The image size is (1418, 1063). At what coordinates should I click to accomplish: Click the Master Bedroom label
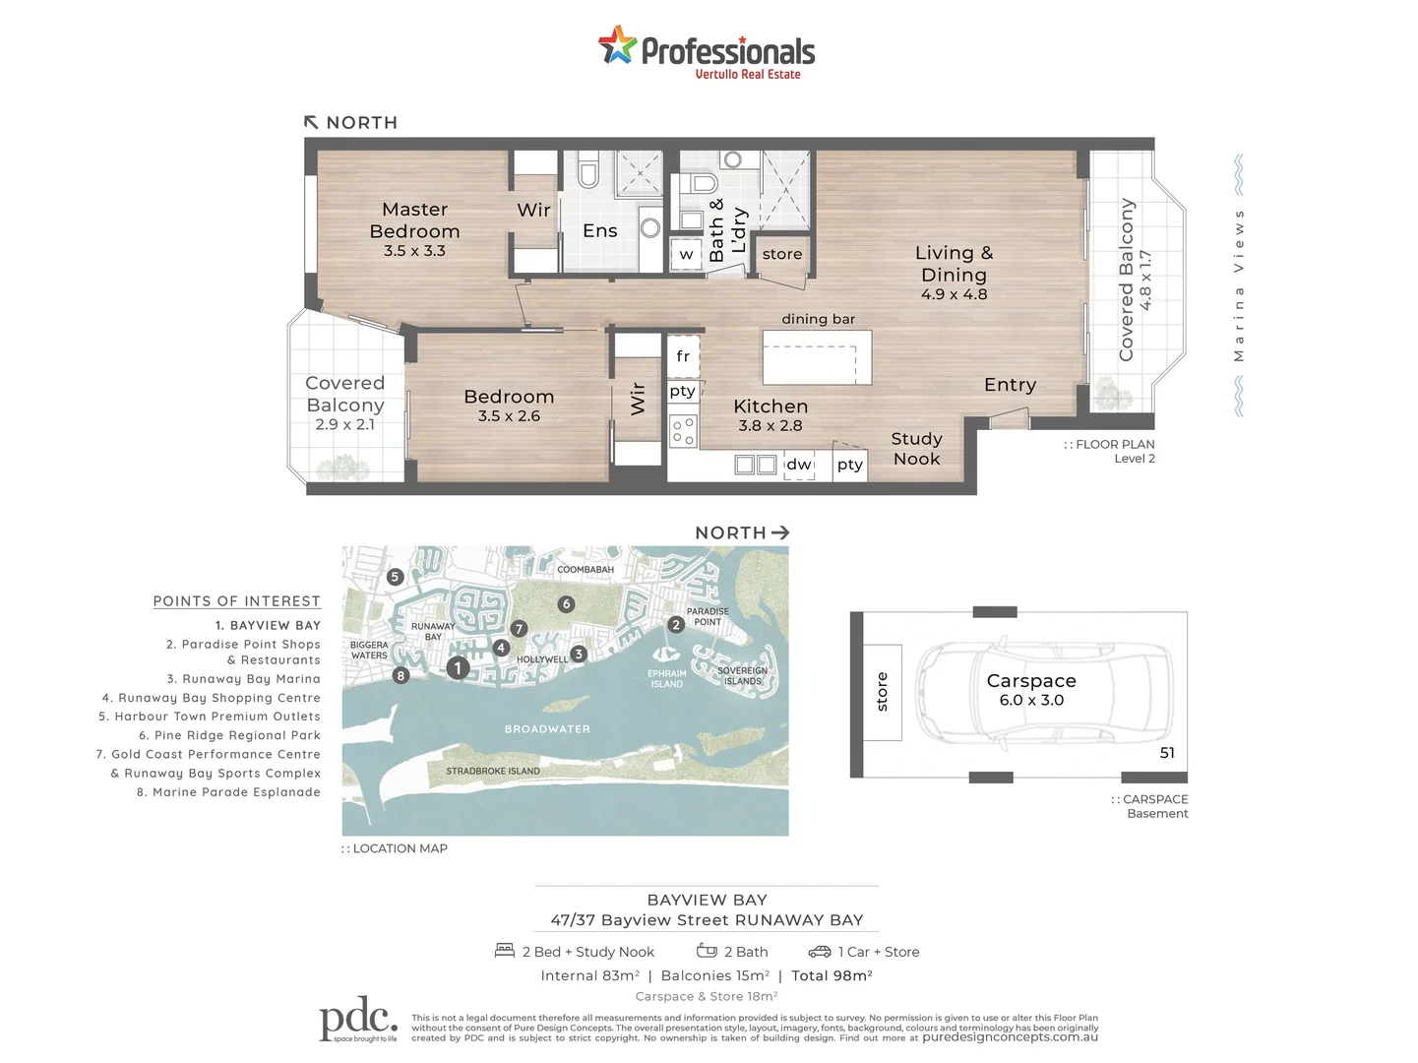coord(414,220)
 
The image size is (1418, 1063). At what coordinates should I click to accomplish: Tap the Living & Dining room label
coord(954,264)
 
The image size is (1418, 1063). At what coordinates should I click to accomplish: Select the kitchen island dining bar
coord(817,357)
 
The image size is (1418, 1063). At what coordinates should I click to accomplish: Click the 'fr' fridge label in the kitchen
coord(683,356)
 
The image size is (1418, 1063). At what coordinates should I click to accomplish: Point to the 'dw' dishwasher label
coord(799,465)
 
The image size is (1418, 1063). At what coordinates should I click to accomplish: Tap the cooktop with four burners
coord(683,431)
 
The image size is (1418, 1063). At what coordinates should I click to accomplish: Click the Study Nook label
coord(916,449)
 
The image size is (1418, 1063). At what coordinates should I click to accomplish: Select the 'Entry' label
coord(1010,385)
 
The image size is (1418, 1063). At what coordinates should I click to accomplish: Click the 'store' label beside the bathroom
coord(782,254)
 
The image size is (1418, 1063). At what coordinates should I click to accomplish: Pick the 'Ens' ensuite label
coord(599,230)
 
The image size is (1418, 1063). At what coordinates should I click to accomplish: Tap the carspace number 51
coord(1167,753)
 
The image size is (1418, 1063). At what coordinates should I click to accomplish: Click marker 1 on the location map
coord(458,668)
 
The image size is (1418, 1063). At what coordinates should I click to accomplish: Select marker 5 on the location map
coord(396,577)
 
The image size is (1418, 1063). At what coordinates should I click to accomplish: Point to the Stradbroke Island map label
coord(493,772)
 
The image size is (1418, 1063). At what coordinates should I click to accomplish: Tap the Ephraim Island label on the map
coord(667,679)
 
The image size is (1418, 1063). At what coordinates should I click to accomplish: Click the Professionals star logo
coord(617,45)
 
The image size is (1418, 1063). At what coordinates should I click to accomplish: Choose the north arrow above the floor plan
coord(311,122)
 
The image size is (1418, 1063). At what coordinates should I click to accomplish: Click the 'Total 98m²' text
coord(832,976)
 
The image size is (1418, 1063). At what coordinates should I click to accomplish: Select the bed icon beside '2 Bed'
coord(505,951)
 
